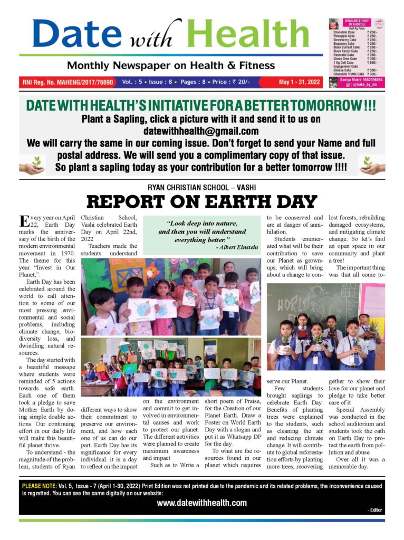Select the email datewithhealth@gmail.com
click(x=201, y=131)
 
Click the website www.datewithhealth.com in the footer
click(x=201, y=503)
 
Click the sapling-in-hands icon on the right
click(x=372, y=165)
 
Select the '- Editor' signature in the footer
click(x=374, y=510)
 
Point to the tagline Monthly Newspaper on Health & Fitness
click(x=170, y=65)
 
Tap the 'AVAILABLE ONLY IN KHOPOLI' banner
click(x=357, y=23)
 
